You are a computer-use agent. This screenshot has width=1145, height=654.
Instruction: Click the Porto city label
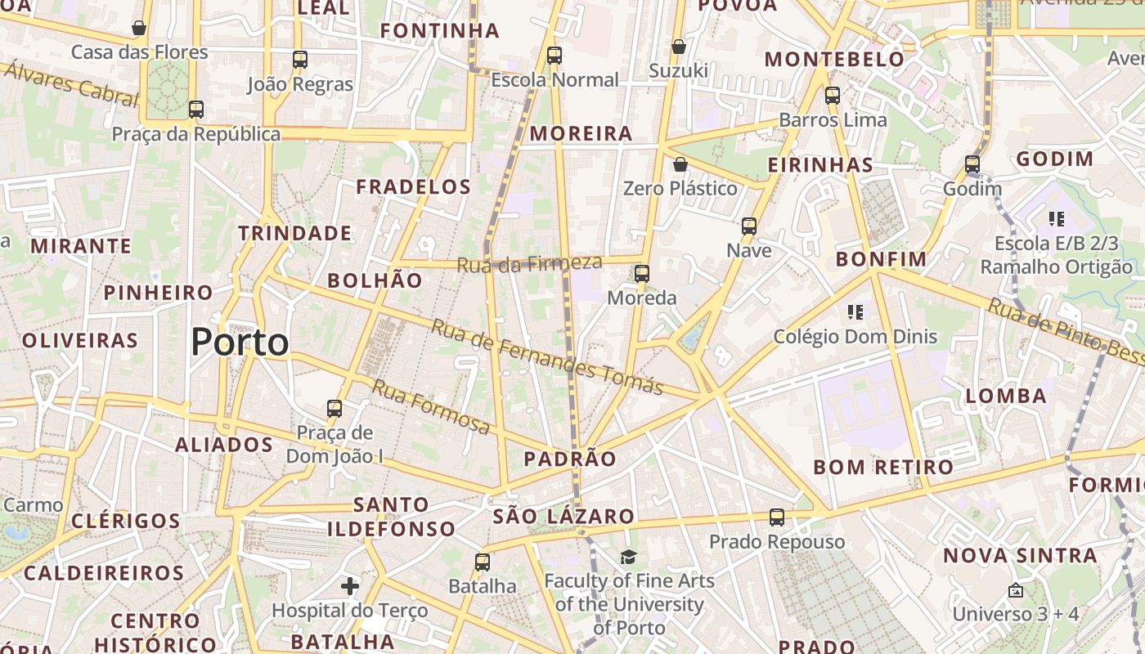(240, 342)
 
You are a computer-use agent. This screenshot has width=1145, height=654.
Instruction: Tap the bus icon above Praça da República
(195, 109)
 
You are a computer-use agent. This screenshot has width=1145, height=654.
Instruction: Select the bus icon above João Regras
(300, 59)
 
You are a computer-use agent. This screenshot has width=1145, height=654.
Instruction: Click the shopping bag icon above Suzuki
(678, 47)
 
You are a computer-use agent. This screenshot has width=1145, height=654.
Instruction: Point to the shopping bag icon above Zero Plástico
(680, 164)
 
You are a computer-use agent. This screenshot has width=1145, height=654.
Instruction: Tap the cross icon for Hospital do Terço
(350, 585)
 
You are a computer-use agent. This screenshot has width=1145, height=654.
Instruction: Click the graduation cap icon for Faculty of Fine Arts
(628, 557)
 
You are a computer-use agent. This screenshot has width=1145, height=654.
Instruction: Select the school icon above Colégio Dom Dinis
(855, 311)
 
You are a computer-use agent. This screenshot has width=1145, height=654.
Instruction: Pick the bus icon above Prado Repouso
(777, 517)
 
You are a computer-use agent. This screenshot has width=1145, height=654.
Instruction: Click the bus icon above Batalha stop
(483, 562)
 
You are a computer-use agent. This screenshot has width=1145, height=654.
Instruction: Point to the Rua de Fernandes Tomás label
(546, 356)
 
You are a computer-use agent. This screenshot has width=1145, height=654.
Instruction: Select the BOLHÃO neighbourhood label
(375, 280)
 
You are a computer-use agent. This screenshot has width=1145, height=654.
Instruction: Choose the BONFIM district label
(881, 259)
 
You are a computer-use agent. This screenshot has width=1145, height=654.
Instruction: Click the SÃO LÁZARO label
(564, 516)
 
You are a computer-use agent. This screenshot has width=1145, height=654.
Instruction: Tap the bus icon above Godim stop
(972, 164)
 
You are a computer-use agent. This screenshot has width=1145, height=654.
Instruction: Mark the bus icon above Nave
(749, 226)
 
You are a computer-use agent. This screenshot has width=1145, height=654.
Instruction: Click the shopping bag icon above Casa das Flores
(139, 28)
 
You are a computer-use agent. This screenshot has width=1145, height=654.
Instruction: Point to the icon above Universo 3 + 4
(1016, 589)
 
